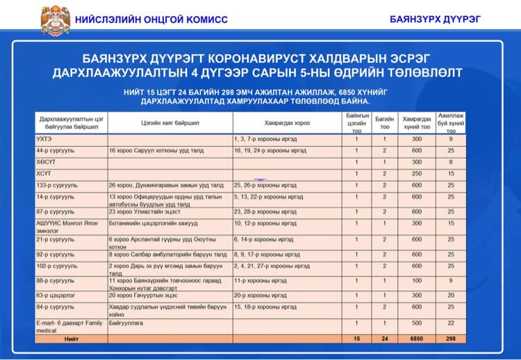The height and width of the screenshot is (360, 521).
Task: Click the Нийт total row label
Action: coord(72,338)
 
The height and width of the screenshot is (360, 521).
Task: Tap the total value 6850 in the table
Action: coord(417,338)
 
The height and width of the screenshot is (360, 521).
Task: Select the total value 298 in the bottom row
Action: coord(451,338)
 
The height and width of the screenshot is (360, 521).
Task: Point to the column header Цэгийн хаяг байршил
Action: coord(169,123)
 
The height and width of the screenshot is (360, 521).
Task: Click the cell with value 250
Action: coord(417,174)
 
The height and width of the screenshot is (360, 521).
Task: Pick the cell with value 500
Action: coord(417,323)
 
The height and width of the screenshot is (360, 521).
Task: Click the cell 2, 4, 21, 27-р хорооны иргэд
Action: coord(272,265)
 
